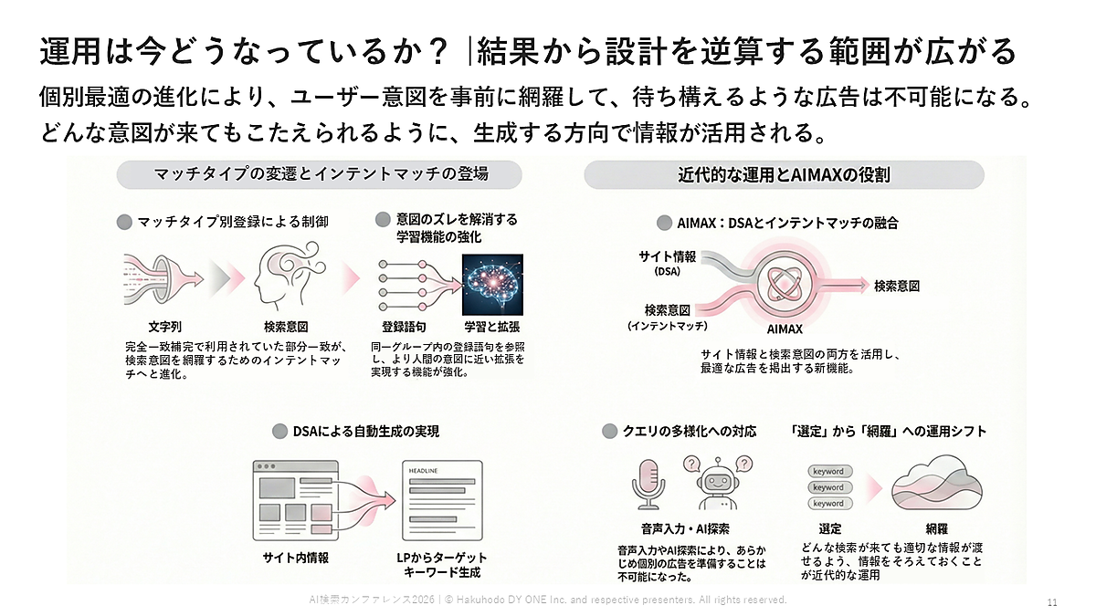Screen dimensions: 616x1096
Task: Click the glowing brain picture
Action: point(492,284)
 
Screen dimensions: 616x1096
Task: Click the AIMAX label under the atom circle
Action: point(785,329)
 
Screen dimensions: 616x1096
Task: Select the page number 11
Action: point(1051,602)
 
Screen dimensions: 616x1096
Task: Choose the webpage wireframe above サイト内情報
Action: point(295,498)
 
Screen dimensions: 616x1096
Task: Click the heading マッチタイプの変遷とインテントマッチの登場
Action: point(320,174)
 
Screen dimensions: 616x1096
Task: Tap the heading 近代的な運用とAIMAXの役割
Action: point(784,174)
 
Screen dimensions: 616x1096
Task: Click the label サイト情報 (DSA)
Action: point(667,263)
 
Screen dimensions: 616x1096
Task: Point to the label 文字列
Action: point(165,327)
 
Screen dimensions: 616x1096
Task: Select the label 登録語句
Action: point(405,327)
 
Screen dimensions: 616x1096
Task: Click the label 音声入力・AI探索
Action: point(685,528)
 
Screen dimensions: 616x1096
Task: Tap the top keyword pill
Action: point(828,472)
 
